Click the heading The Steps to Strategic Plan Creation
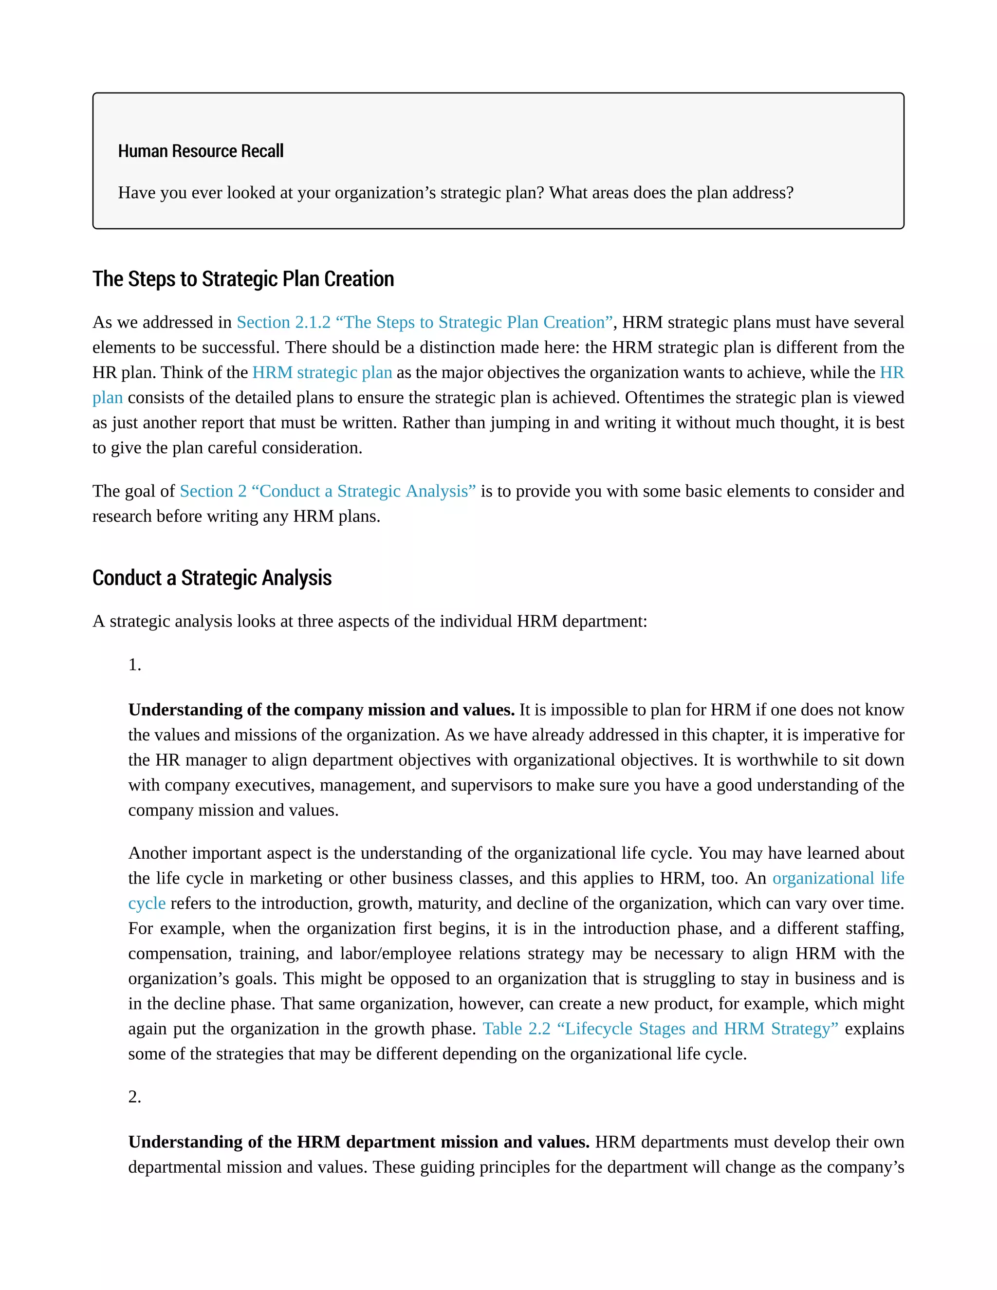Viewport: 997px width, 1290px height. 243,279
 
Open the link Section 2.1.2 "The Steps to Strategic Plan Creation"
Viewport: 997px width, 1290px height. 425,322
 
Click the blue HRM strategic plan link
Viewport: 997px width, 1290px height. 322,373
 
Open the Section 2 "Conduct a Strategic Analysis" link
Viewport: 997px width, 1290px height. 327,492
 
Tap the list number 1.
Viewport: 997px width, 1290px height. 135,665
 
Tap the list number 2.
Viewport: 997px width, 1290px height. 135,1097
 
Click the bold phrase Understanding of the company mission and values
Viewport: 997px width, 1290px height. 321,710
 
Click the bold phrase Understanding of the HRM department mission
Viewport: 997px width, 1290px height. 358,1143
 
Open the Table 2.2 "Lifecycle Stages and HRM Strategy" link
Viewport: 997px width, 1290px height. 660,1029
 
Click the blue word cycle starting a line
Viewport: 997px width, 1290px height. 147,903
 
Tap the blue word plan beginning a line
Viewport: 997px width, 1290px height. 108,398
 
